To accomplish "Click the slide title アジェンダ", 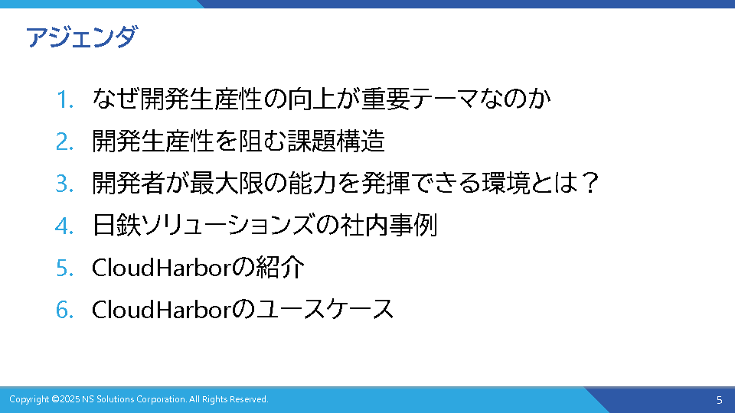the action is click(x=82, y=37).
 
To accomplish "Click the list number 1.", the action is click(x=65, y=99).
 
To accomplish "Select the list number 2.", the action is click(x=64, y=141).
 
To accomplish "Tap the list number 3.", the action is click(x=64, y=184).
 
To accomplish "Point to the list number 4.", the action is click(x=64, y=226).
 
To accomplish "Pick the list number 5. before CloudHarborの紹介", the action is click(x=64, y=268).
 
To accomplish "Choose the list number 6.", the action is click(x=64, y=310).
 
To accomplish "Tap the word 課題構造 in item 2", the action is click(x=336, y=141).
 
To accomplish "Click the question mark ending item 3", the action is click(x=590, y=183).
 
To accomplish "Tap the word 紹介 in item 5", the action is click(x=280, y=268).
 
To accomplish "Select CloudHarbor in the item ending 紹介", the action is click(x=162, y=268).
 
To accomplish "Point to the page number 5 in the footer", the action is click(x=720, y=400).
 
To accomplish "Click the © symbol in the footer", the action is click(x=55, y=399).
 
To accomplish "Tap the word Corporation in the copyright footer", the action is click(x=162, y=400).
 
